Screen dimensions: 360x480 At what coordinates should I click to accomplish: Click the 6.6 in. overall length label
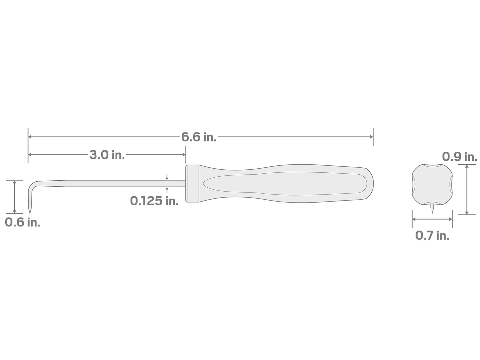coord(199,137)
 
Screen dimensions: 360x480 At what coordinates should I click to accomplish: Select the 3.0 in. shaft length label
coord(107,155)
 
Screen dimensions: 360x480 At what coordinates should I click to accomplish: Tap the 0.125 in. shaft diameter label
coord(154,201)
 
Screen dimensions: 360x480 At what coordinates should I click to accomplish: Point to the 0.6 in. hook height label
coord(23,222)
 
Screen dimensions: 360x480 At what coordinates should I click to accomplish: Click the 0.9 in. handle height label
coord(459,156)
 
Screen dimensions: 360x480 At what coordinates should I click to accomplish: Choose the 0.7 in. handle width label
coord(432,235)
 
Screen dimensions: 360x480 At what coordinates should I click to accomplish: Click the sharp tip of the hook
coord(30,213)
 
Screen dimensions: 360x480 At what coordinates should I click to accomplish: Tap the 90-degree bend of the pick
coord(31,185)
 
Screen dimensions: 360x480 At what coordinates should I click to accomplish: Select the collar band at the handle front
coord(192,183)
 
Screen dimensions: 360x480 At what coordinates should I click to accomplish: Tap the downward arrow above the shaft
coord(167,177)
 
